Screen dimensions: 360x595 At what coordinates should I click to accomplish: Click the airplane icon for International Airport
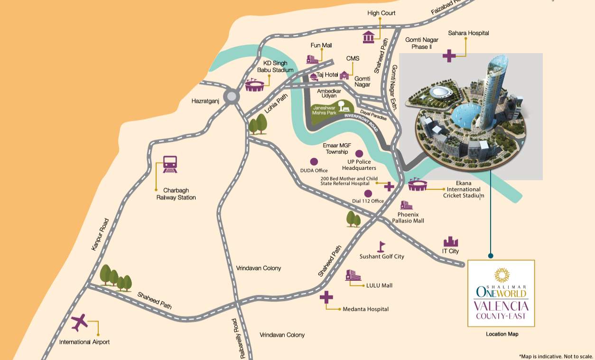tap(80, 323)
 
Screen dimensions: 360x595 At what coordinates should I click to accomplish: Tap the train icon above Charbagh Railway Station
tap(170, 164)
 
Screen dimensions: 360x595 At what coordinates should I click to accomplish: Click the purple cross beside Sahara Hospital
tap(449, 55)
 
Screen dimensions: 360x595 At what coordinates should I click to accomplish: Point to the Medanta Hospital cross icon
tap(326, 297)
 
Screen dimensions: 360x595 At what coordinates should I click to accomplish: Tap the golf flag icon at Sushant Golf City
tap(381, 246)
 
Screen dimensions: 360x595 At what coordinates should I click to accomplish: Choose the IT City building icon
tap(450, 241)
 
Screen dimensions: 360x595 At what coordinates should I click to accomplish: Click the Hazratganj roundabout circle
tap(231, 97)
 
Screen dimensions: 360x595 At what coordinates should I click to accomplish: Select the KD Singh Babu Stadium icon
tap(254, 85)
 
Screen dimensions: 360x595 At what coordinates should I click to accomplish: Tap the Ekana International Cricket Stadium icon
tap(418, 185)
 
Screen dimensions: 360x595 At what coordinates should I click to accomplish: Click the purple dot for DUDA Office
tap(314, 161)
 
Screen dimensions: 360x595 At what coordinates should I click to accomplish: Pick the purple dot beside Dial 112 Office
tap(368, 193)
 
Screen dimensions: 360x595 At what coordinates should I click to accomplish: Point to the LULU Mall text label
tap(379, 286)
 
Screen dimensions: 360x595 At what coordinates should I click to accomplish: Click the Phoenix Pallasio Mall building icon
tap(406, 205)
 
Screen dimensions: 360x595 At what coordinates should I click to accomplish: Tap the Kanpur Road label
tap(100, 234)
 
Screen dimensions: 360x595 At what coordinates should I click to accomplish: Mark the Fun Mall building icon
tap(312, 59)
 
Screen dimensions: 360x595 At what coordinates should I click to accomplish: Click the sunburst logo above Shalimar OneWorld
tap(501, 275)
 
